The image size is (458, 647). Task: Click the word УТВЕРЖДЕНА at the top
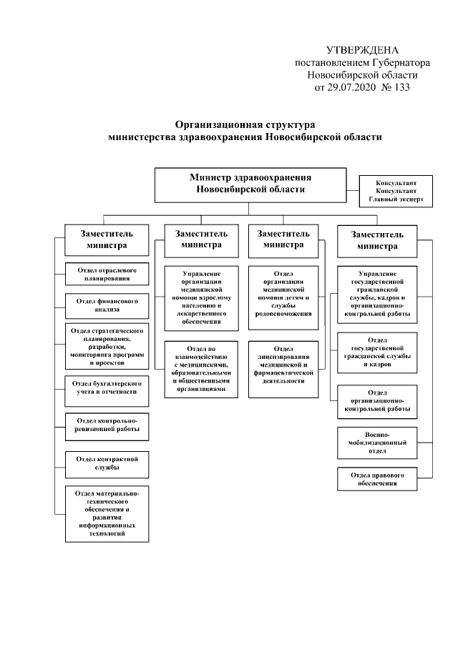pyautogui.click(x=361, y=50)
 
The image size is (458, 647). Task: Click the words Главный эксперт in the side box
pyautogui.click(x=395, y=200)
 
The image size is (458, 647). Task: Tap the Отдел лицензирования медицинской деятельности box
pyautogui.click(x=283, y=369)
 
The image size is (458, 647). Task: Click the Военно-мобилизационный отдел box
pyautogui.click(x=376, y=442)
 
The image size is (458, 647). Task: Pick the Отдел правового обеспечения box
pyautogui.click(x=376, y=479)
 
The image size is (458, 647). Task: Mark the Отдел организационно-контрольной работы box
pyautogui.click(x=376, y=402)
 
